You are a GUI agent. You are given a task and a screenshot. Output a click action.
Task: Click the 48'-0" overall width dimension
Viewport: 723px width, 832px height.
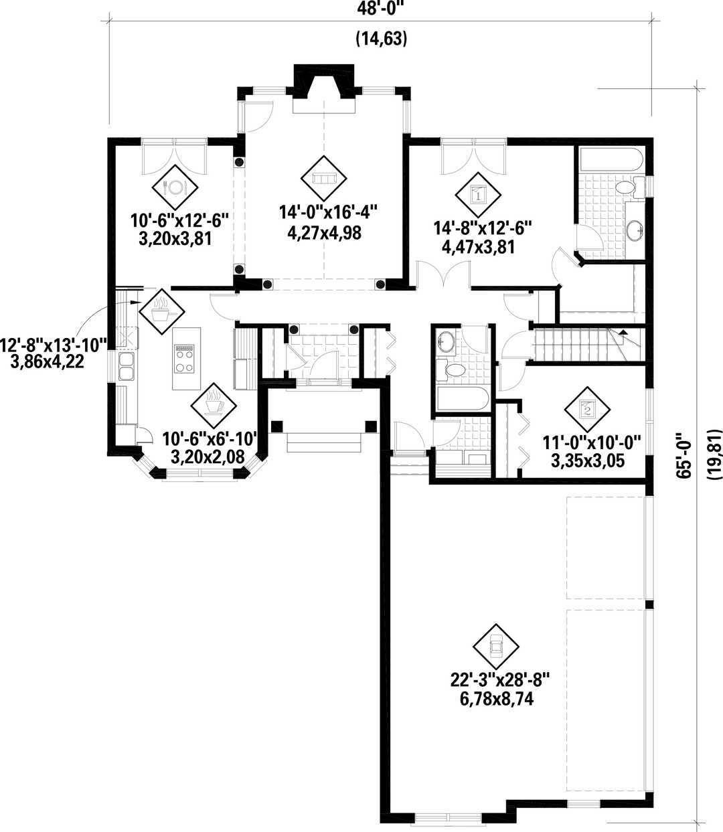tap(381, 8)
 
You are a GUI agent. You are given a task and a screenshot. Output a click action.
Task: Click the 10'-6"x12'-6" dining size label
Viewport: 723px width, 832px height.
tap(180, 219)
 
